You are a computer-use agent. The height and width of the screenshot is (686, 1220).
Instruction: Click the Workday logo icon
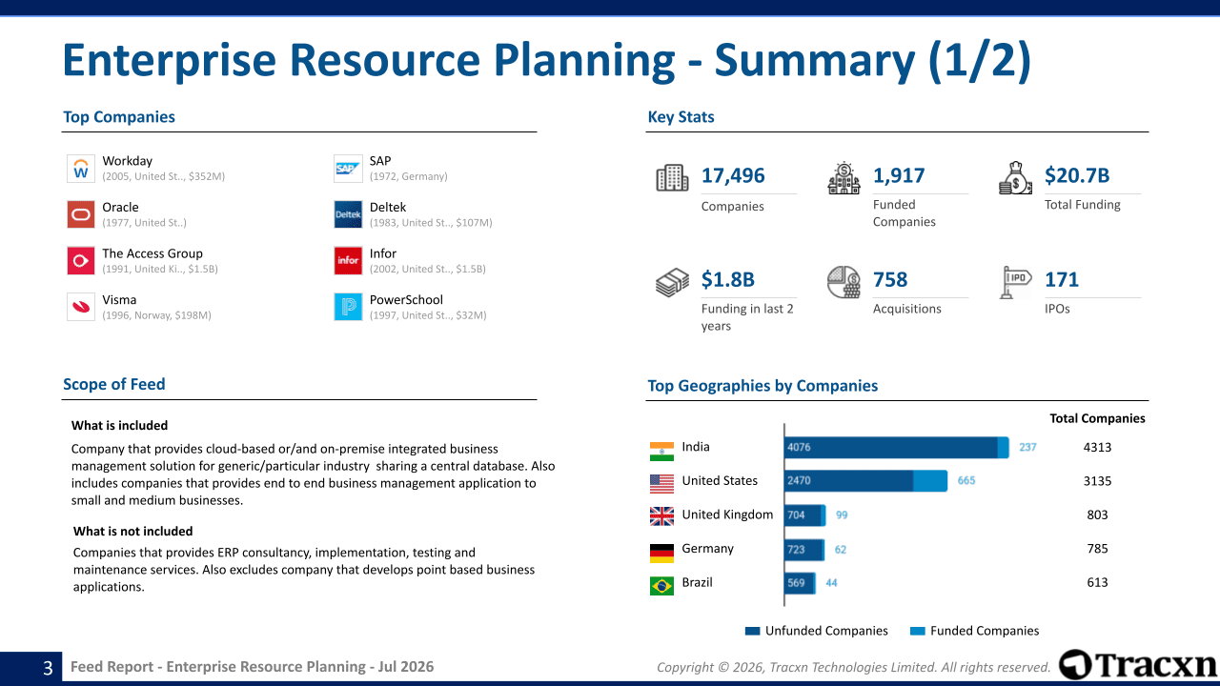(x=81, y=169)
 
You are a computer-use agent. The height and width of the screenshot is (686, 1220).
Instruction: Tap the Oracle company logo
(x=81, y=214)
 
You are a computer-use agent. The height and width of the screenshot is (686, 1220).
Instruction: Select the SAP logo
(x=348, y=169)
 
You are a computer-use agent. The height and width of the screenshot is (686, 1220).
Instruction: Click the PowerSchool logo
(x=348, y=307)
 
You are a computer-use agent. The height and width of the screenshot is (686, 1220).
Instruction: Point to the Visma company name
(x=119, y=300)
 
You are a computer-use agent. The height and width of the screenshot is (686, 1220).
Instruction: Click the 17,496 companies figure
(x=733, y=175)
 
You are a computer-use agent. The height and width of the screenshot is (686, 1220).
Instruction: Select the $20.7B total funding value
(x=1077, y=175)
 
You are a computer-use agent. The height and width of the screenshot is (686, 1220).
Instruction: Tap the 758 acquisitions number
(x=890, y=279)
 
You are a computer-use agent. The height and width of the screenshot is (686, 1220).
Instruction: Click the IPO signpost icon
(x=1015, y=282)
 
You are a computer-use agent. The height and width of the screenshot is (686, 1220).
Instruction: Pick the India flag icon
(x=661, y=452)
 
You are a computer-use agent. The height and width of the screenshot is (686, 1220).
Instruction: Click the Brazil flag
(x=661, y=586)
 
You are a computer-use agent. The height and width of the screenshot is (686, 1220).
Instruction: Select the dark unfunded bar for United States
(x=849, y=481)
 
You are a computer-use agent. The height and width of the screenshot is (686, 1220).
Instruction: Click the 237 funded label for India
(x=1027, y=447)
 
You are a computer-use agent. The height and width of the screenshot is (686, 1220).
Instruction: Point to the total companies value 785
(x=1097, y=549)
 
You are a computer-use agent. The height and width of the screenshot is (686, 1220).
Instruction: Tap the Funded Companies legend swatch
(x=918, y=631)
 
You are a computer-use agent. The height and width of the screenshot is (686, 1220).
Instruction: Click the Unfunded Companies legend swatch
(x=752, y=631)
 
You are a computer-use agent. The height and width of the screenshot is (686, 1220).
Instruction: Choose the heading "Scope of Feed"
(x=113, y=384)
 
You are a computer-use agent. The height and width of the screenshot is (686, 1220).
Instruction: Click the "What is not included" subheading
(x=132, y=532)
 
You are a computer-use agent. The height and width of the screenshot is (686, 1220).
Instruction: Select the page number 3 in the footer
(x=48, y=668)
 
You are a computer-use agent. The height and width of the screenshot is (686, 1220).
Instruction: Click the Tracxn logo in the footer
(x=1138, y=665)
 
